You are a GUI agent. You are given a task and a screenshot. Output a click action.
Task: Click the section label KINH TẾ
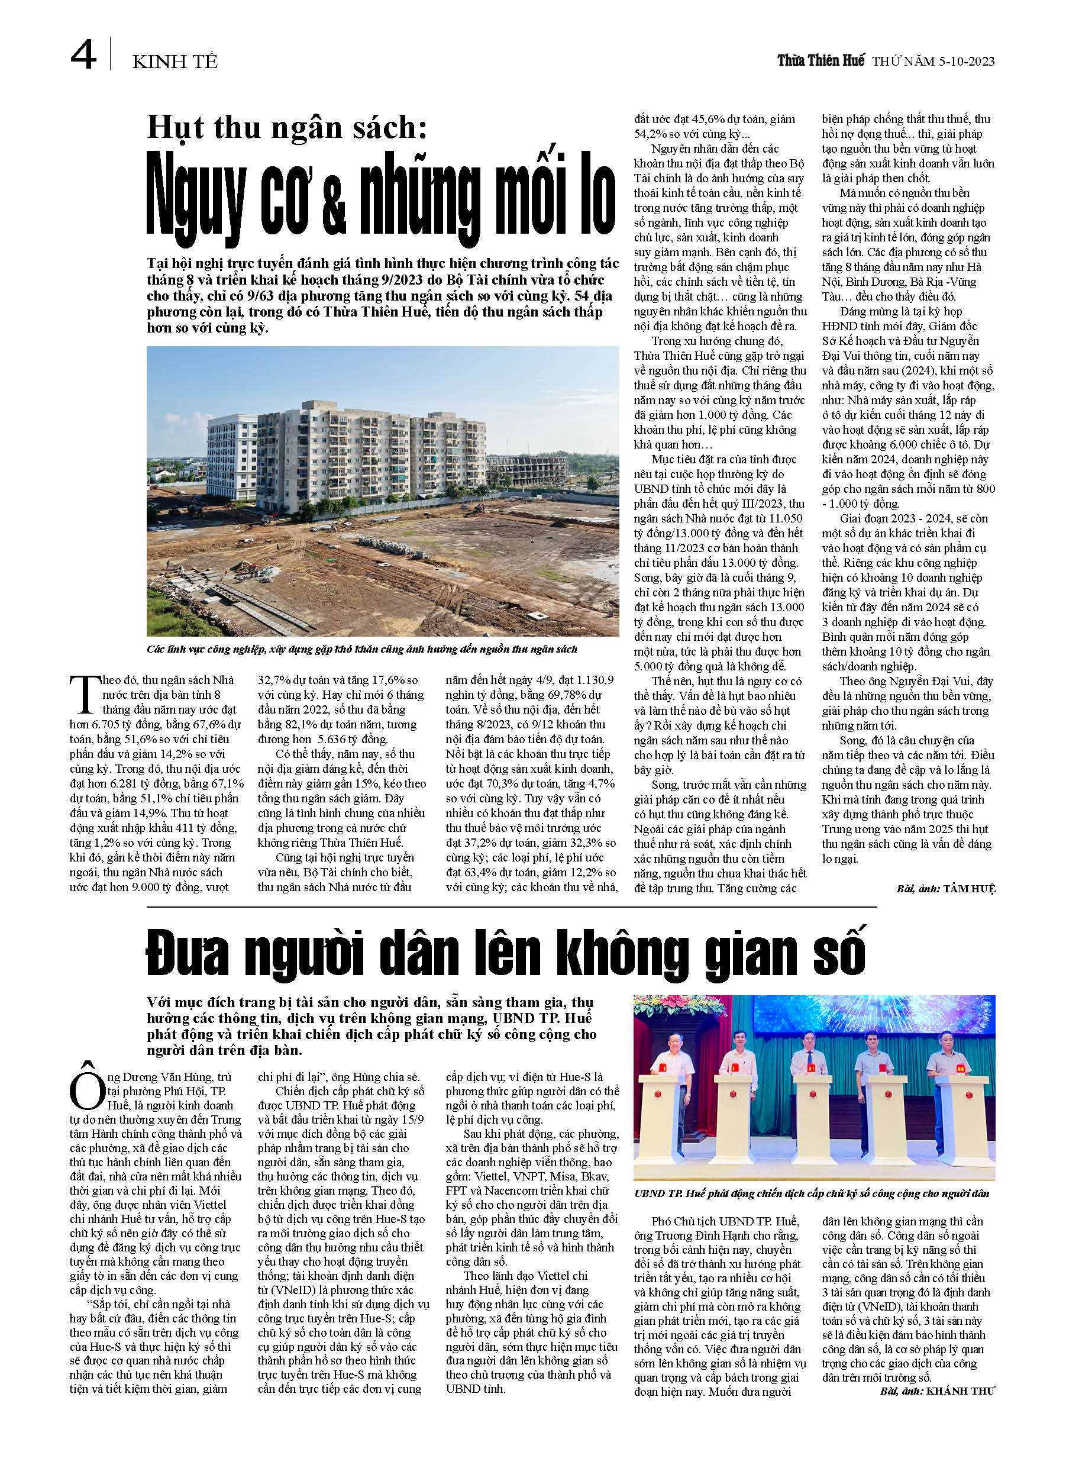[175, 62]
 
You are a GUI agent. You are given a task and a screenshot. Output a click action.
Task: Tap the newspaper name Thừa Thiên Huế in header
[820, 61]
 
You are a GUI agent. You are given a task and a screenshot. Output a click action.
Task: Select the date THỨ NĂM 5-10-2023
[933, 62]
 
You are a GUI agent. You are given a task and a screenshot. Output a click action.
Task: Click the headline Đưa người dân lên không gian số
[506, 953]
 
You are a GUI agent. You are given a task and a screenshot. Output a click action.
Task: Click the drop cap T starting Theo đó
[85, 695]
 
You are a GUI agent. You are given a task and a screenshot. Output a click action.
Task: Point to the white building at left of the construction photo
[231, 449]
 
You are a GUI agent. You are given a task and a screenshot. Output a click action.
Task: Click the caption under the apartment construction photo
[362, 649]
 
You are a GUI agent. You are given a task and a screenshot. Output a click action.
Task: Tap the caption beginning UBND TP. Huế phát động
[812, 1193]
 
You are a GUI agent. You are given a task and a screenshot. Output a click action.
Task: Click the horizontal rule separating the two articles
[511, 907]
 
